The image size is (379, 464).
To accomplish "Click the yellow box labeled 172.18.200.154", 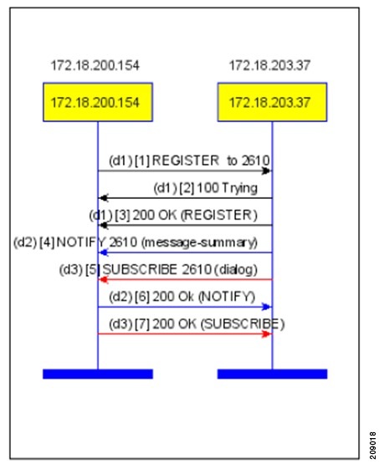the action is pos(98,102).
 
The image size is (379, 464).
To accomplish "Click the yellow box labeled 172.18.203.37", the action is pos(272,102).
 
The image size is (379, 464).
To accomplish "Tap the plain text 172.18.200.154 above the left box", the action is pos(95,65).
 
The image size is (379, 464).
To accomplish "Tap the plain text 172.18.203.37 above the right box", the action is pos(269,65).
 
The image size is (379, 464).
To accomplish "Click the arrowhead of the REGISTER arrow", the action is pos(267,171).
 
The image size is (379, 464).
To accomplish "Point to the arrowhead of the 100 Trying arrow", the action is pos(104,198).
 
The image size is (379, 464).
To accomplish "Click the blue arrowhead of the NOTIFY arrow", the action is pos(104,252).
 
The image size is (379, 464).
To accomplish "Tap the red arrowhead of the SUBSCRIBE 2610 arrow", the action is pos(104,279).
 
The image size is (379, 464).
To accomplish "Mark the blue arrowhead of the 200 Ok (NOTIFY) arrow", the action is pos(267,307).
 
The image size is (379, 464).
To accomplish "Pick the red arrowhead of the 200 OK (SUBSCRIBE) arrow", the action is pos(267,334).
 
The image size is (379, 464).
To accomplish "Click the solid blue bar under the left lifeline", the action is pos(98,374).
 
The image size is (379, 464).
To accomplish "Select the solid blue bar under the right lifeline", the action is pos(272,374).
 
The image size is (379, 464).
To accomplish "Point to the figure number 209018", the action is pos(373,445).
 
